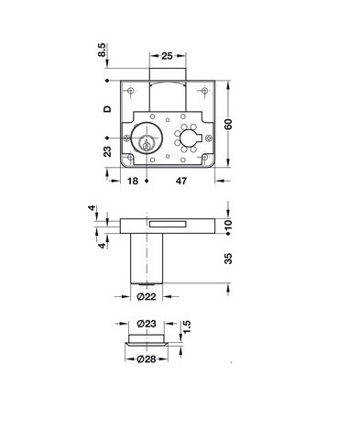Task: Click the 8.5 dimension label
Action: (x=102, y=50)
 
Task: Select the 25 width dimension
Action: (x=167, y=56)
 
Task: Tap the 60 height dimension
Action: (x=228, y=124)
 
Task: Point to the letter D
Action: (x=107, y=109)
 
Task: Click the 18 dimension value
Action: (x=133, y=181)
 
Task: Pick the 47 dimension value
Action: (x=180, y=181)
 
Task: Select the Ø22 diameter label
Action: (x=147, y=296)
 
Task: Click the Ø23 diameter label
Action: (x=147, y=324)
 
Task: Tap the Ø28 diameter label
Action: (x=147, y=359)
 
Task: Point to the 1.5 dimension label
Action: (x=187, y=327)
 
